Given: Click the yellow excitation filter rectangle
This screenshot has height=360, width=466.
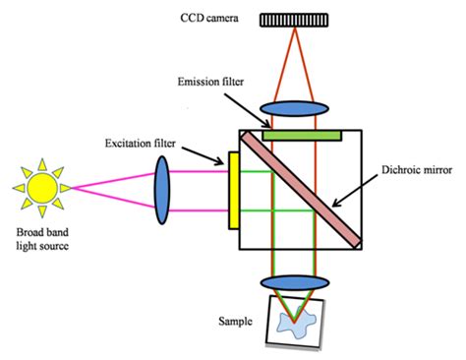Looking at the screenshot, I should coord(235,189).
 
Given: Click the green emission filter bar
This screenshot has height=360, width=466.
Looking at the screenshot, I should coord(301,133).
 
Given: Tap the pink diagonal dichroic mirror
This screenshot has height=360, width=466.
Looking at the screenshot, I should coord(299,188).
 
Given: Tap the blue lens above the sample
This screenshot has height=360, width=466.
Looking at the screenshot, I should coord(298,281).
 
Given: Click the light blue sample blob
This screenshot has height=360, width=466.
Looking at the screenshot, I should coord(299,322).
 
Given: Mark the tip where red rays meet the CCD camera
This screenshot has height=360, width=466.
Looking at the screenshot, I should coord(298,30).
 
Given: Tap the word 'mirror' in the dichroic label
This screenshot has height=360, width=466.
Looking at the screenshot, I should coord(437,180).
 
